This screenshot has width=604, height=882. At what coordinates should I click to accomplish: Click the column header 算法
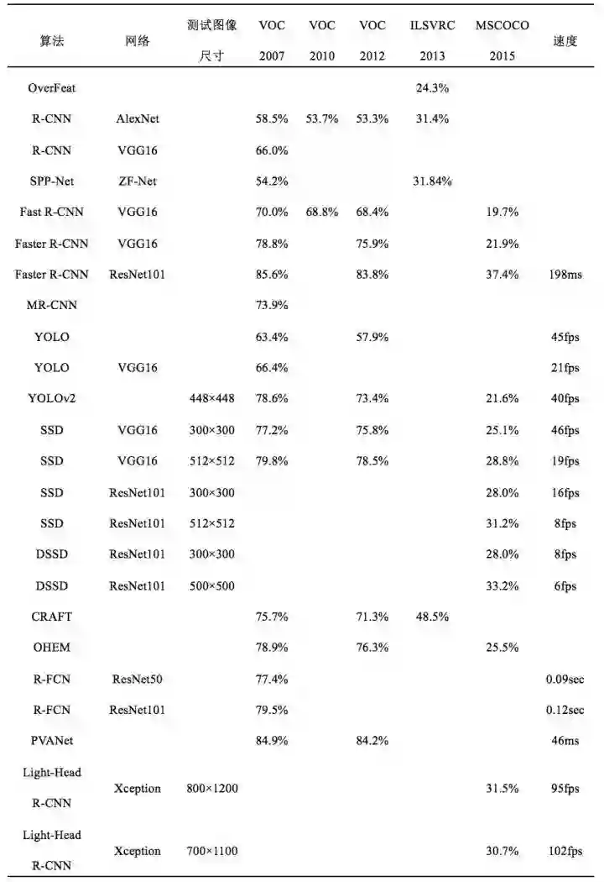click(x=51, y=41)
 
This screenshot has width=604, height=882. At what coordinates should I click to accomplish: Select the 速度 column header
click(x=565, y=41)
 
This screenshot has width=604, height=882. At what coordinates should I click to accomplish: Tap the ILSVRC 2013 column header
click(x=433, y=41)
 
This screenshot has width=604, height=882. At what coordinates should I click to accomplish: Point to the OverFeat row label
click(x=52, y=88)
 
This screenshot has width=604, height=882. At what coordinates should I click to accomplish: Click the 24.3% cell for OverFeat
click(x=432, y=88)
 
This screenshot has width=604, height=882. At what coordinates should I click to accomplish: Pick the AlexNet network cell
click(x=138, y=119)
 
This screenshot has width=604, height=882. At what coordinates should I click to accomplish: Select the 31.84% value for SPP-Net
click(x=432, y=181)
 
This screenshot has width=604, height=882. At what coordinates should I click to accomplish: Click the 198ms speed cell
click(x=565, y=275)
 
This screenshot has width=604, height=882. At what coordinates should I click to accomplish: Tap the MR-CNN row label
click(x=52, y=306)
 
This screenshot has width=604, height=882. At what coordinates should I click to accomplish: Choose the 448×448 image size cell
click(x=211, y=399)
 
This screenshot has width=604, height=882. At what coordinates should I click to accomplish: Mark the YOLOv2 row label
click(x=52, y=399)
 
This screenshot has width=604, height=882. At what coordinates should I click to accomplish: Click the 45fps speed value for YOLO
click(x=565, y=337)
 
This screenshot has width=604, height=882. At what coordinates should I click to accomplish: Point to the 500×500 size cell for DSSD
click(x=211, y=585)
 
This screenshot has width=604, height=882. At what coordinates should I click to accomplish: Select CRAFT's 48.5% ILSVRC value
click(x=432, y=617)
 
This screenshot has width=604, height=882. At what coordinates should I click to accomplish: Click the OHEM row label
click(x=52, y=648)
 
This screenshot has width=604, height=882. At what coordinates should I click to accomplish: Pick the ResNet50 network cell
click(x=137, y=679)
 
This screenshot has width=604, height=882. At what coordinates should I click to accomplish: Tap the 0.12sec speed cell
click(x=565, y=710)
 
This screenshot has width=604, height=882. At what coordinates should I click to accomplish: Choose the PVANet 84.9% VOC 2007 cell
click(x=272, y=741)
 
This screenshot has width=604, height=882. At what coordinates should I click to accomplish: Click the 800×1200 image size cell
click(x=211, y=788)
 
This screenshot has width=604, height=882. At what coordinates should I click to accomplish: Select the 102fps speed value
click(x=565, y=851)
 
